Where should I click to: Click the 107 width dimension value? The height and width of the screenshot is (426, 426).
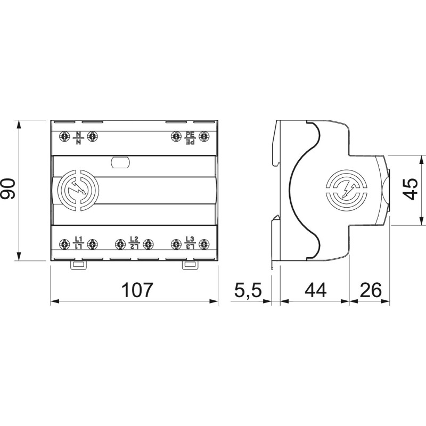(137, 290)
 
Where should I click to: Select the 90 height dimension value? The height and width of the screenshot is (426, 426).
(9, 189)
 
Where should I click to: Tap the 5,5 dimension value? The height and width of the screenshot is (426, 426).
(248, 290)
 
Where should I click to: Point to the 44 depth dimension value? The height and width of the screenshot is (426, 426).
(315, 290)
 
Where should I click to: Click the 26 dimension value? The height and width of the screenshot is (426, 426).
(371, 290)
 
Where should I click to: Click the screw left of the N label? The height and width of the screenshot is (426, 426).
(64, 136)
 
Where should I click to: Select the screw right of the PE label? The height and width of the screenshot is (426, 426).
(204, 136)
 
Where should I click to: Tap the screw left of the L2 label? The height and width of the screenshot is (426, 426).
(120, 244)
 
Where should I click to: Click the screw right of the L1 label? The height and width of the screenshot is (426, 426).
(92, 244)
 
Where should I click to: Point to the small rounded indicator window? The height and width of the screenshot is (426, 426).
(120, 162)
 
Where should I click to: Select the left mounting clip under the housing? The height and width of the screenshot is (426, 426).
(78, 265)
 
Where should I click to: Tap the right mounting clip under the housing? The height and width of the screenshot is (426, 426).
(190, 265)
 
